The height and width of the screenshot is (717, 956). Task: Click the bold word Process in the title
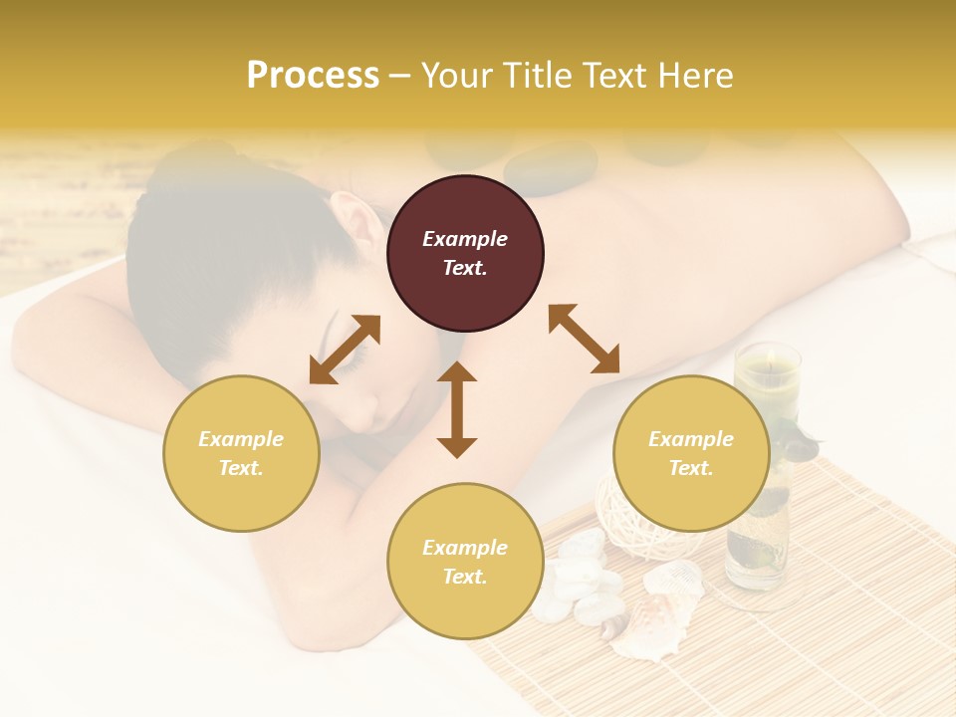pos(313,76)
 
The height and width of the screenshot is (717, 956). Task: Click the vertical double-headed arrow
pos(457,409)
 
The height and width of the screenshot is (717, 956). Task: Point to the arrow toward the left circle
pos(345,349)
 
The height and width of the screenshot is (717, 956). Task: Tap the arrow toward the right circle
pos(584,339)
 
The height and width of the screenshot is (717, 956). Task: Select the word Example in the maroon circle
pos(465,239)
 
